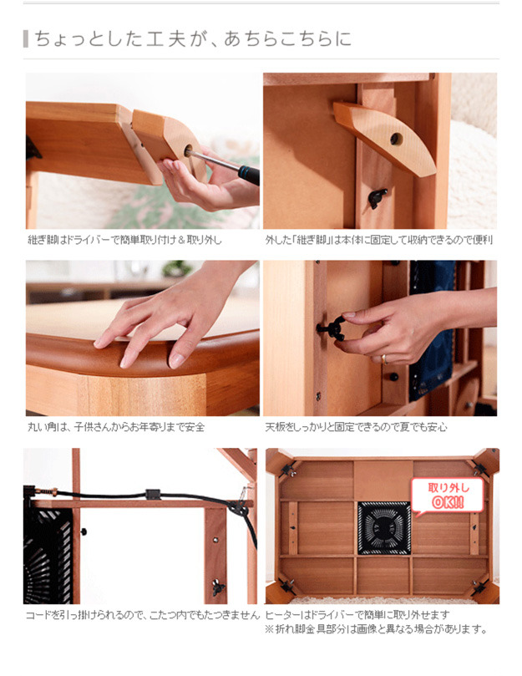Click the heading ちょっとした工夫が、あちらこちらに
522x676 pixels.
[193, 39]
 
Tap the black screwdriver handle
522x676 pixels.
[249, 175]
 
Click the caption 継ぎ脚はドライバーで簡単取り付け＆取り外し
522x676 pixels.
[125, 240]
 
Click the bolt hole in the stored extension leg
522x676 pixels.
[396, 139]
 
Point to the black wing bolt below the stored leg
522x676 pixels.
[378, 198]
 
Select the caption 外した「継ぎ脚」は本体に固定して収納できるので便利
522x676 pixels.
[379, 240]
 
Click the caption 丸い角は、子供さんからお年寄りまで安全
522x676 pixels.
[116, 427]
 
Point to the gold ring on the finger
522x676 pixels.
[383, 359]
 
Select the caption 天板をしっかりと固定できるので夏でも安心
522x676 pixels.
[356, 427]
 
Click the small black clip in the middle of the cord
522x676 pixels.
[153, 494]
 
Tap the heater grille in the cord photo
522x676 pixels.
[48, 556]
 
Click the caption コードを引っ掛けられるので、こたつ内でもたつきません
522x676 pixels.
[143, 615]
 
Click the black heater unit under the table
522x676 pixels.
[383, 528]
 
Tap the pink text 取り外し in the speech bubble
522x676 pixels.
[448, 488]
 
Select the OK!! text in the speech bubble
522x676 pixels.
[448, 503]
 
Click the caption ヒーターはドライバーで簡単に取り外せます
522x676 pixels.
[357, 615]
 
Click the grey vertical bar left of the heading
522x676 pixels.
[26, 38]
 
